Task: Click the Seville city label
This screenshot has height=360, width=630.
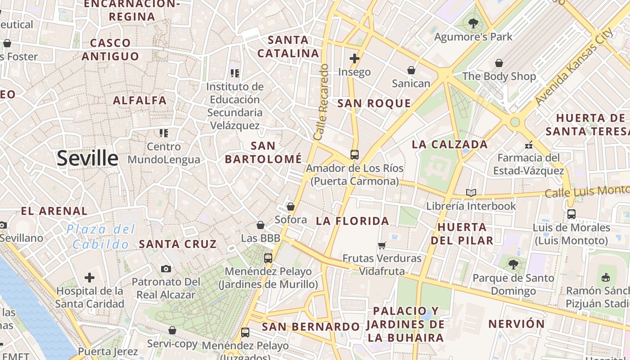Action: click(87, 158)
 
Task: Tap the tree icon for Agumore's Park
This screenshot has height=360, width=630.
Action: click(473, 23)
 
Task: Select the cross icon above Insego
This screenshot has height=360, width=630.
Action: click(355, 58)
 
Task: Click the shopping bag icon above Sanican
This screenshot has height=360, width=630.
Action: click(411, 70)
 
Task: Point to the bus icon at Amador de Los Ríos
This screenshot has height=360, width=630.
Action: click(355, 155)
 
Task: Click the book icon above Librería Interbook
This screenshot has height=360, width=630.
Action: click(471, 193)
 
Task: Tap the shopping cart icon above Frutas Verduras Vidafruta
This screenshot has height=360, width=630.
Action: click(382, 245)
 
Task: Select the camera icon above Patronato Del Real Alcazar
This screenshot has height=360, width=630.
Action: click(166, 269)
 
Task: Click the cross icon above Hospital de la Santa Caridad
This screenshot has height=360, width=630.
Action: click(90, 277)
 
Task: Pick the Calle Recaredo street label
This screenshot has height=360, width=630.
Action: click(322, 102)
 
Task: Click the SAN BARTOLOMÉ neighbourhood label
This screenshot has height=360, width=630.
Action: click(263, 152)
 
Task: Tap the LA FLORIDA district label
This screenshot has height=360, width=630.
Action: click(352, 221)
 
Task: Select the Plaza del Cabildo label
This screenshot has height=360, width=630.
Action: click(101, 237)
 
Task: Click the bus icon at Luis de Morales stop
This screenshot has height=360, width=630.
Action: click(571, 214)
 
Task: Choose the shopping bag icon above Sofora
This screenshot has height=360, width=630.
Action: click(291, 207)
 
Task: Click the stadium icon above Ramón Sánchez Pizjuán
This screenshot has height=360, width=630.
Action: click(606, 277)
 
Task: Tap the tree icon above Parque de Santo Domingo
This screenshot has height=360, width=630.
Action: click(513, 265)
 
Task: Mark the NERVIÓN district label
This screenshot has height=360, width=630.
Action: click(516, 324)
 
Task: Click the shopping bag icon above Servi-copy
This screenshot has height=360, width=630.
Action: click(172, 331)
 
